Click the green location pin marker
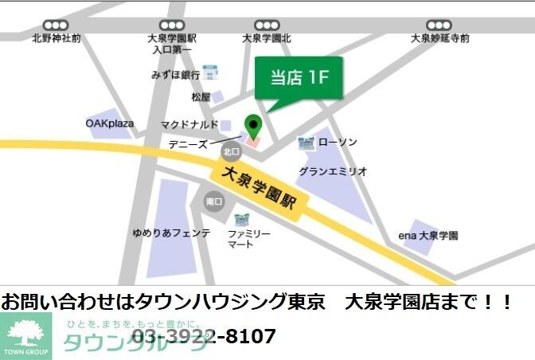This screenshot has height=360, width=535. (252, 126)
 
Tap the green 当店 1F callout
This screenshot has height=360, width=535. (299, 78)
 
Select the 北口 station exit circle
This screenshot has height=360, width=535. (231, 151)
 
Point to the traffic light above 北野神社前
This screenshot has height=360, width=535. (56, 25)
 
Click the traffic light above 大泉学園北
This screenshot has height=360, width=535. (267, 25)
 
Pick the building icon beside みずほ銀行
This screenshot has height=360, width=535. (210, 72)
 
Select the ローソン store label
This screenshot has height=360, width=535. (338, 143)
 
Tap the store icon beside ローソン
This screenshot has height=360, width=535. (307, 143)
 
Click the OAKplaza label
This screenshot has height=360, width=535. (110, 123)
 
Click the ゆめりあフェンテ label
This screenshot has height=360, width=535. (171, 233)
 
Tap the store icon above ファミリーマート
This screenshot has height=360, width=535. (241, 217)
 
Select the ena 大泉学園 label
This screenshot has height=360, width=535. (428, 236)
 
